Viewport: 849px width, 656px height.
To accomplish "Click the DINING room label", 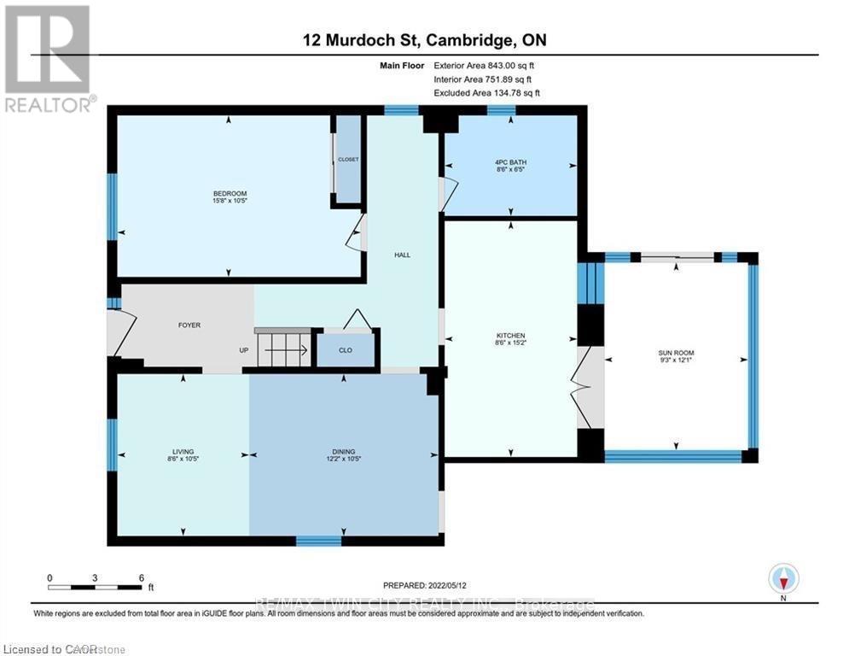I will [x=344, y=452].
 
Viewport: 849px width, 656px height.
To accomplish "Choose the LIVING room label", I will [x=183, y=452].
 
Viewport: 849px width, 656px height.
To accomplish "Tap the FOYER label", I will [x=189, y=325].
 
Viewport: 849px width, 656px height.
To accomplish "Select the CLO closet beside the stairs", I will [x=346, y=349].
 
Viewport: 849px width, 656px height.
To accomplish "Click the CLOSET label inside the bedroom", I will [x=348, y=160].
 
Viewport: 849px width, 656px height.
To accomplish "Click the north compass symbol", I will [x=782, y=579].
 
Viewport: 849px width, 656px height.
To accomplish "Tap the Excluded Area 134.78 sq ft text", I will [x=486, y=93].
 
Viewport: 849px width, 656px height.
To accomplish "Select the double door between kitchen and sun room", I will [x=587, y=388].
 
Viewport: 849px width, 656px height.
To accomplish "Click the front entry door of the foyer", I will [x=120, y=333].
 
